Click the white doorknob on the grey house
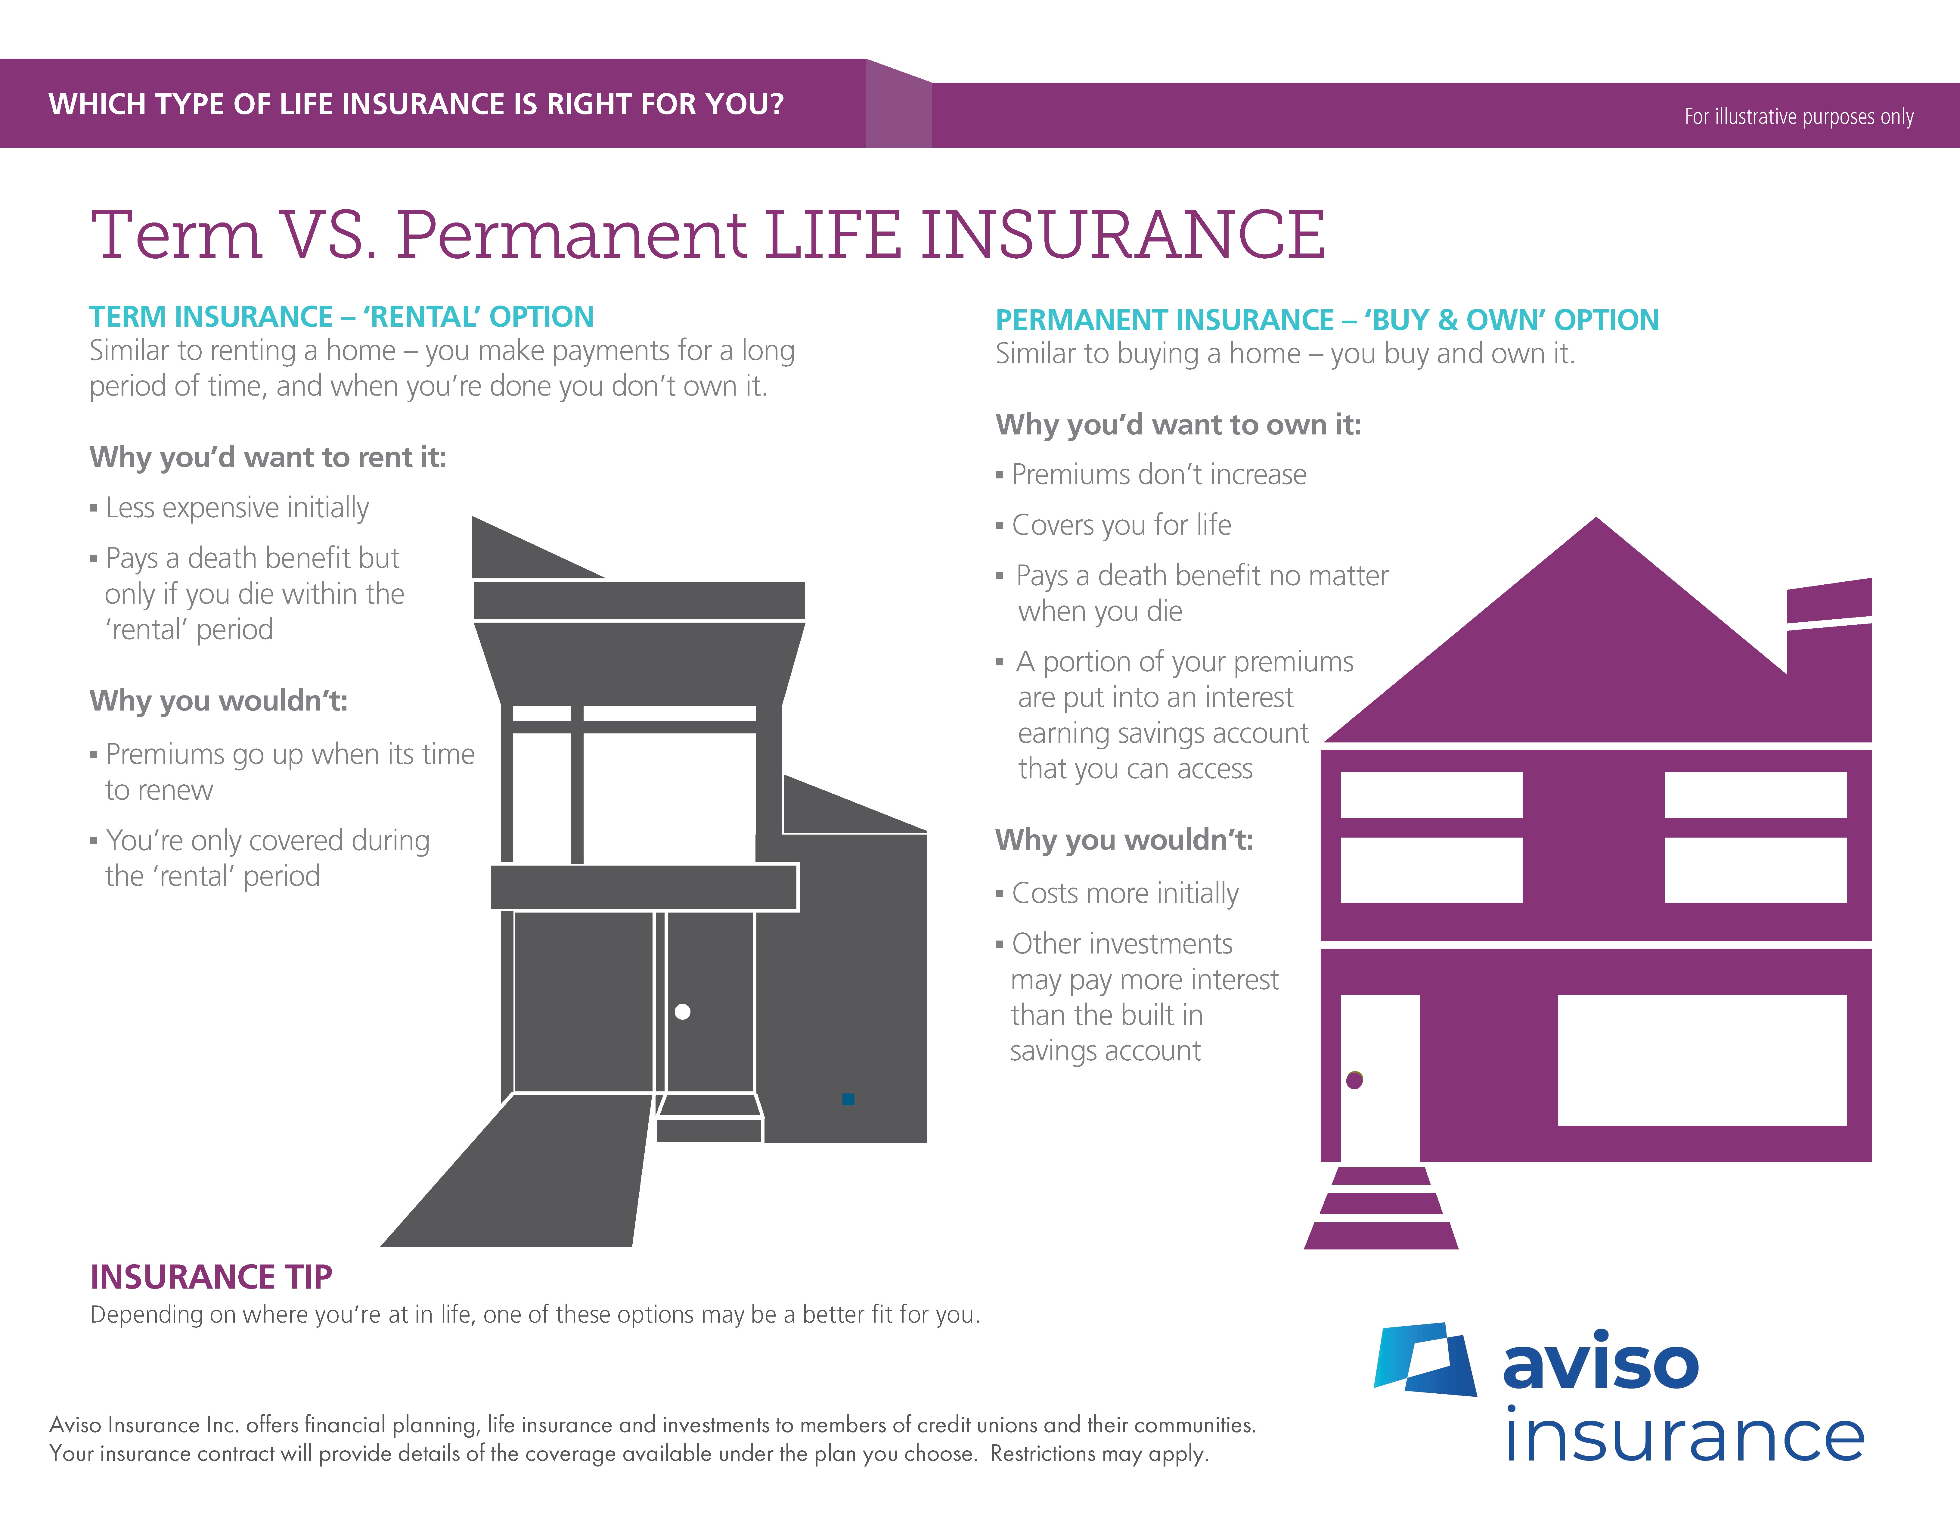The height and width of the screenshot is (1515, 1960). point(682,1012)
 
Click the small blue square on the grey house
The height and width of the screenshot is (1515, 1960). point(848,1099)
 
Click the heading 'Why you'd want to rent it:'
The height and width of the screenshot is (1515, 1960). point(268,458)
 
